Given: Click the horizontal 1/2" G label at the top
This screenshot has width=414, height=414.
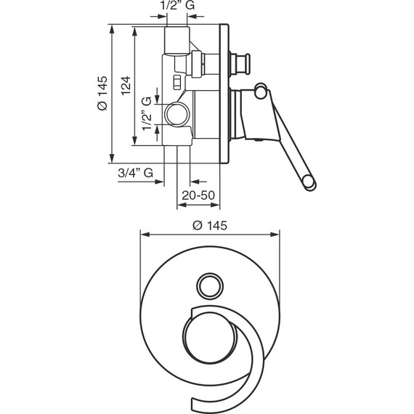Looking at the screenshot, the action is pyautogui.click(x=177, y=5).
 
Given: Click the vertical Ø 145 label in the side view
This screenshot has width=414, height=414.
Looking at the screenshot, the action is pyautogui.click(x=102, y=93).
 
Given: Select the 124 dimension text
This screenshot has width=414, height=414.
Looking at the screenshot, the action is pyautogui.click(x=126, y=85).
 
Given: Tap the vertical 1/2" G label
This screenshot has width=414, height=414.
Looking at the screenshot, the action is pyautogui.click(x=147, y=113).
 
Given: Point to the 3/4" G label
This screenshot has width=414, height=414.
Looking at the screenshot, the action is pyautogui.click(x=135, y=173).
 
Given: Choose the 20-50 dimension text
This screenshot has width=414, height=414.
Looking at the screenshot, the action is pyautogui.click(x=198, y=195).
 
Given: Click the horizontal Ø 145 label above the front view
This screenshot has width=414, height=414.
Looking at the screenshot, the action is pyautogui.click(x=210, y=226).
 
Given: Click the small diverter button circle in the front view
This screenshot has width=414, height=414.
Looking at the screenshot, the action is pyautogui.click(x=210, y=286).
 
